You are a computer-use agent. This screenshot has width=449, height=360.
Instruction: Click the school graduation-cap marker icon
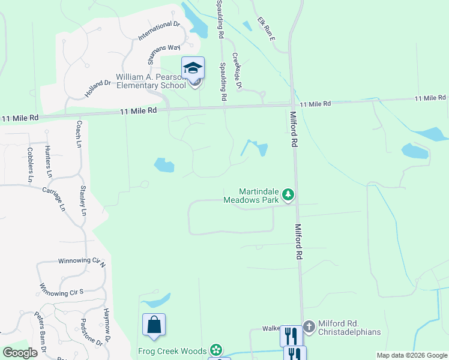click(193, 68)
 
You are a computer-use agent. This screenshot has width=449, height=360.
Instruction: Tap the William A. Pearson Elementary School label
click(151, 81)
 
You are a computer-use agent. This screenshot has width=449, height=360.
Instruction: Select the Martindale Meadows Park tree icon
click(289, 194)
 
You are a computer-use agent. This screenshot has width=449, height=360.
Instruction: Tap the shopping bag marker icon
click(154, 325)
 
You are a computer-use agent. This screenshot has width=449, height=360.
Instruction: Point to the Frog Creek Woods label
click(173, 351)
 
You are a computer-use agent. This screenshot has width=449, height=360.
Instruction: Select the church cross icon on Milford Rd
click(309, 327)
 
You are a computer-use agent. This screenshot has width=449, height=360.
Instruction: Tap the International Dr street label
click(159, 31)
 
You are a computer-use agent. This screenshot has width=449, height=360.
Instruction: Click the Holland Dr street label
click(98, 89)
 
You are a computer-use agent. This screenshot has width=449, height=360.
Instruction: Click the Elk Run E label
click(265, 29)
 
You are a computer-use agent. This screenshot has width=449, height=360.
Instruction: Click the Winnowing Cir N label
click(82, 262)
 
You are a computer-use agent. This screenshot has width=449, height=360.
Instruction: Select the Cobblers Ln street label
click(29, 164)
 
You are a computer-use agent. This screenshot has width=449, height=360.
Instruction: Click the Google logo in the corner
click(20, 353)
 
